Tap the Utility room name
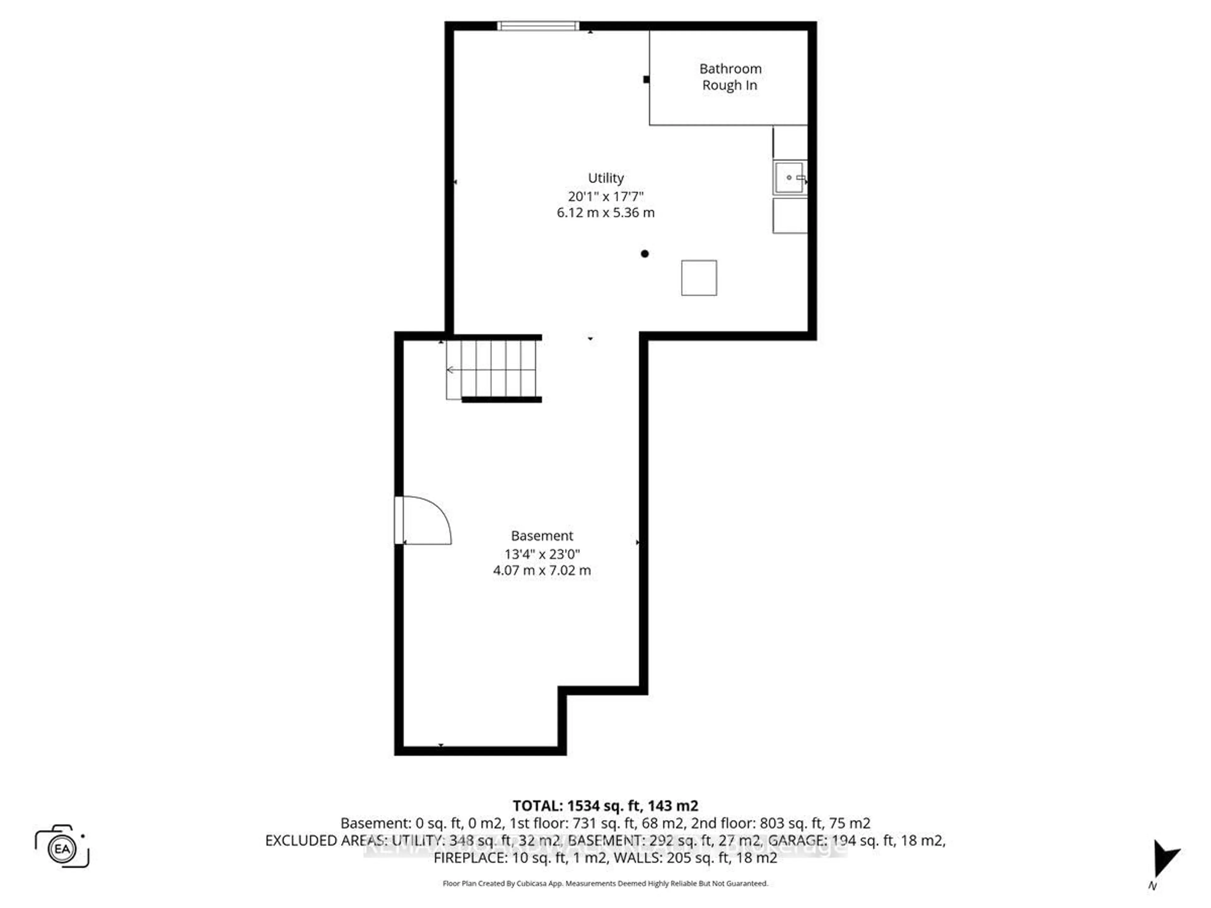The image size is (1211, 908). pos(605,178)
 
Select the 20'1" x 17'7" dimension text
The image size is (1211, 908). pos(605,196)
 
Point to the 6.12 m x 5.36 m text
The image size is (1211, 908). pos(605,213)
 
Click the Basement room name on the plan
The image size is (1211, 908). pos(542,536)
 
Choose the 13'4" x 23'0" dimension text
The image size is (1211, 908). pos(542,554)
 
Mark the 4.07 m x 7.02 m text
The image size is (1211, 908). pos(542,570)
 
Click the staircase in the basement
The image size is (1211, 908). pos(493,370)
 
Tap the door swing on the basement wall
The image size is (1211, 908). pos(424,520)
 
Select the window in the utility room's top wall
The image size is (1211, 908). pos(538,26)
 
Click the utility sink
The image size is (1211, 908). pos(789,177)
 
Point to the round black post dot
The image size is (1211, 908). pos(645,254)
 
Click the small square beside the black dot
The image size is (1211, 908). pos(699,278)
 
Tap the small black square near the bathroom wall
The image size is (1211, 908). pos(646,79)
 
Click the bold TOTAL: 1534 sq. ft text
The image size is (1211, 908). pos(605,806)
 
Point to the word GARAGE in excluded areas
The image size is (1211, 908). pos(798,840)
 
